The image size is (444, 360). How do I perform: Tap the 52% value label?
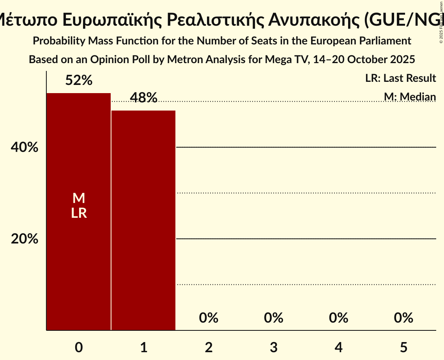79,81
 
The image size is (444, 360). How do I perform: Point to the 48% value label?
143,98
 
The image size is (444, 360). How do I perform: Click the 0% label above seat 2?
209,318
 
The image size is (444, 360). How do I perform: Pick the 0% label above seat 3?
274,318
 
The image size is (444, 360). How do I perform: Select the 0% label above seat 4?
338,318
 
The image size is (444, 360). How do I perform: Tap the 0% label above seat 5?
403,318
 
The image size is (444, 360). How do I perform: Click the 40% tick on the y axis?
25,148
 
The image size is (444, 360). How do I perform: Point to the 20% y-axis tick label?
25,239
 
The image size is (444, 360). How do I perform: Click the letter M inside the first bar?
79,198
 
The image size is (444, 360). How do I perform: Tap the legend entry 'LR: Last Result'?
400,78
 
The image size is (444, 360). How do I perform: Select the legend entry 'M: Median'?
410,97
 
